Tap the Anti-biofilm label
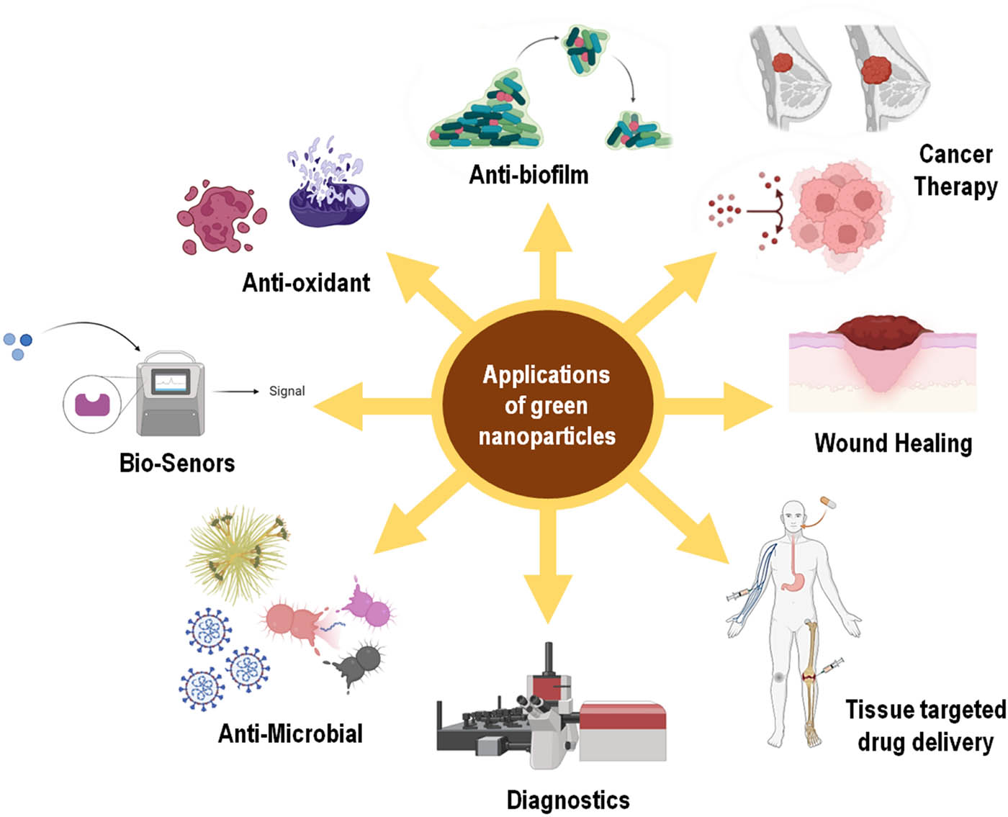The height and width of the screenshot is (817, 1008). pyautogui.click(x=528, y=175)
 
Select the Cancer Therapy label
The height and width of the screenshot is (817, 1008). pyautogui.click(x=955, y=170)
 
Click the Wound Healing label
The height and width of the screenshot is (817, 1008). pyautogui.click(x=893, y=443)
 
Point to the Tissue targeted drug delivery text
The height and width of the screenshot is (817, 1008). pyautogui.click(x=925, y=726)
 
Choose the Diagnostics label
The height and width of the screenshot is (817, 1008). pyautogui.click(x=568, y=800)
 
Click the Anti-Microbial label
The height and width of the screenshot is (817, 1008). pyautogui.click(x=290, y=734)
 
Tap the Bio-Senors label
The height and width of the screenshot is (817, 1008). pyautogui.click(x=177, y=463)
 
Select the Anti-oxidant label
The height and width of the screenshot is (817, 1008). pyautogui.click(x=306, y=283)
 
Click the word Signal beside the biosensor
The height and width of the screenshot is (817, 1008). pyautogui.click(x=287, y=391)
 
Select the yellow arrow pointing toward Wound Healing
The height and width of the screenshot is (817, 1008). pyautogui.click(x=720, y=407)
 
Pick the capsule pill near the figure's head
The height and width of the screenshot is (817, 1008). pyautogui.click(x=827, y=502)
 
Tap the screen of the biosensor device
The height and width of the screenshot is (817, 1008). pyautogui.click(x=171, y=381)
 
